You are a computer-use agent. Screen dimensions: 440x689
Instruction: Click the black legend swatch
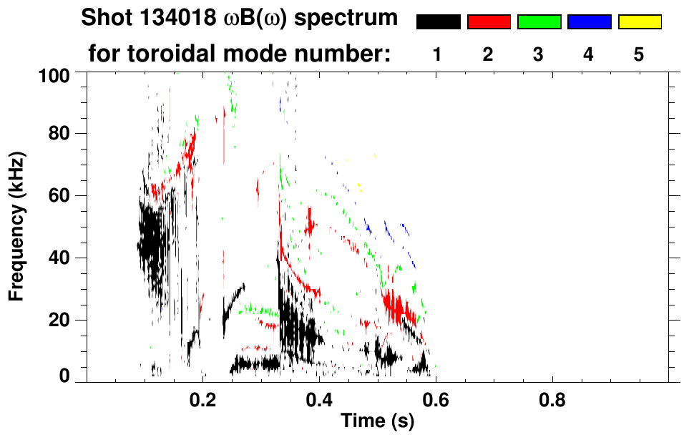pyautogui.click(x=438, y=22)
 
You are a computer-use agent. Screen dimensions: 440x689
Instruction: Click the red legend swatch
pyautogui.click(x=489, y=22)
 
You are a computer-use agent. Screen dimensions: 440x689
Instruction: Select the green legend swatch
pyautogui.click(x=539, y=22)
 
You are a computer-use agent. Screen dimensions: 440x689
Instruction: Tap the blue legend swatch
pyautogui.click(x=589, y=22)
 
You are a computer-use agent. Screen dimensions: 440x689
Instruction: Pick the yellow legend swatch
pyautogui.click(x=640, y=22)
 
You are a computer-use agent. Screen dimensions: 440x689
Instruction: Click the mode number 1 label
pyautogui.click(x=438, y=54)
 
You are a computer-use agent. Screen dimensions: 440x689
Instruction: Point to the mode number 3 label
pyautogui.click(x=539, y=54)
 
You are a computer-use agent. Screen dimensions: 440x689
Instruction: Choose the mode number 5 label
pyautogui.click(x=640, y=54)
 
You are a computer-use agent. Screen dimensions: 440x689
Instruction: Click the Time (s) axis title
pyautogui.click(x=377, y=422)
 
